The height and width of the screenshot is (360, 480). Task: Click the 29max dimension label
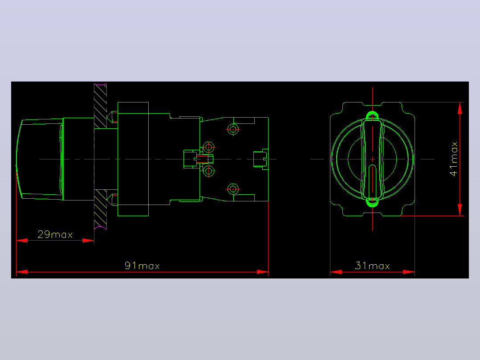tap(55, 235)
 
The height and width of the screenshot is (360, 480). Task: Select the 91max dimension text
tap(142, 266)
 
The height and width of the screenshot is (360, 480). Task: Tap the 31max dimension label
tap(372, 266)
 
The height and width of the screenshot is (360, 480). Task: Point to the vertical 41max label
tap(453, 159)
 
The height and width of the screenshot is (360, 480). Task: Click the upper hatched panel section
tap(101, 106)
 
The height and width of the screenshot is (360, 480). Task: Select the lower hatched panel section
tap(101, 209)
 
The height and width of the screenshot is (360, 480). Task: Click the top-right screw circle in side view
tap(233, 129)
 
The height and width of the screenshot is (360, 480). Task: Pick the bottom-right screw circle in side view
tap(233, 189)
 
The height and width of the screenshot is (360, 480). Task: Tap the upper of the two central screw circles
tap(208, 147)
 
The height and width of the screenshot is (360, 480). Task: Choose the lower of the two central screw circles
tap(208, 171)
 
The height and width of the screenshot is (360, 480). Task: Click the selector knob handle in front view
tap(372, 160)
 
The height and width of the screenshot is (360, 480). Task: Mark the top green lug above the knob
tap(372, 115)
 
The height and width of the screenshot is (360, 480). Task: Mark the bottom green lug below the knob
tap(372, 203)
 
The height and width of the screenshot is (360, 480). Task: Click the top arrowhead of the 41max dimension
tap(460, 108)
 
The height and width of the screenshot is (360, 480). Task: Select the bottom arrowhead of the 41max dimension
tap(460, 210)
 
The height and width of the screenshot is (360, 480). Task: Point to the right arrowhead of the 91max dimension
tap(263, 272)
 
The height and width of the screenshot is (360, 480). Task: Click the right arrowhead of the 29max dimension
tap(88, 241)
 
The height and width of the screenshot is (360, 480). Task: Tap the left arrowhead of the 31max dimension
tap(336, 272)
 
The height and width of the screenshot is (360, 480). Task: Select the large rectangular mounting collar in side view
tap(133, 159)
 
